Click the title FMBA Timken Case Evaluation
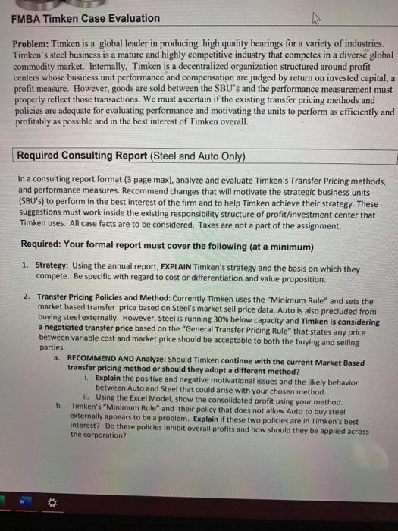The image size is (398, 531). (x=86, y=17)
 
